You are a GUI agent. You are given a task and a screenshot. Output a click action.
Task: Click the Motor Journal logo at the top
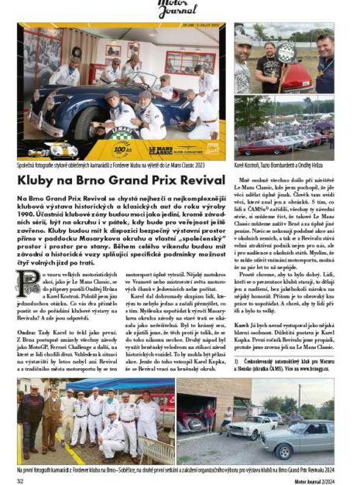[x=180, y=8]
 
